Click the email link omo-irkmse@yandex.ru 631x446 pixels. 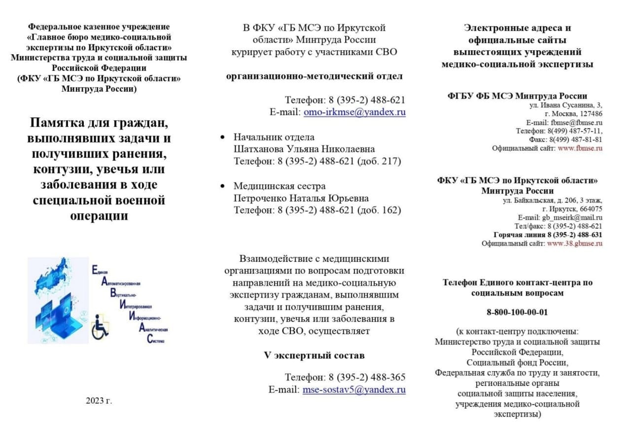[354, 112]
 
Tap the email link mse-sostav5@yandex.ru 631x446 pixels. [354, 390]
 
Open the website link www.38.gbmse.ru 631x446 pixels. [574, 243]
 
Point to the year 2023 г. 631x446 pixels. [99, 401]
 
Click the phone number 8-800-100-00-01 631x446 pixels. [517, 312]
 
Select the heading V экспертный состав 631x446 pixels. [315, 355]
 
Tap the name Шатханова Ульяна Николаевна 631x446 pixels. [304, 149]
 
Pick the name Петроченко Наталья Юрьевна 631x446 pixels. [301, 198]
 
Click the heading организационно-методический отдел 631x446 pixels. [315, 76]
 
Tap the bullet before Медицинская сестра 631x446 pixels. [223, 186]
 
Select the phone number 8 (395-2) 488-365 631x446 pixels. [367, 377]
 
